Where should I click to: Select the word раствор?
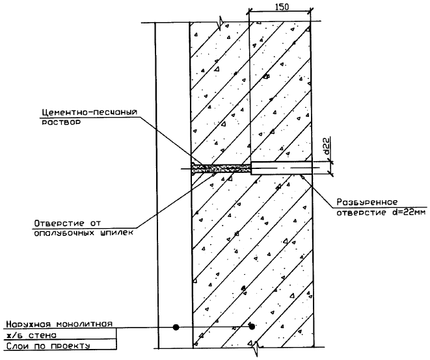pyautogui.click(x=57, y=123)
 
